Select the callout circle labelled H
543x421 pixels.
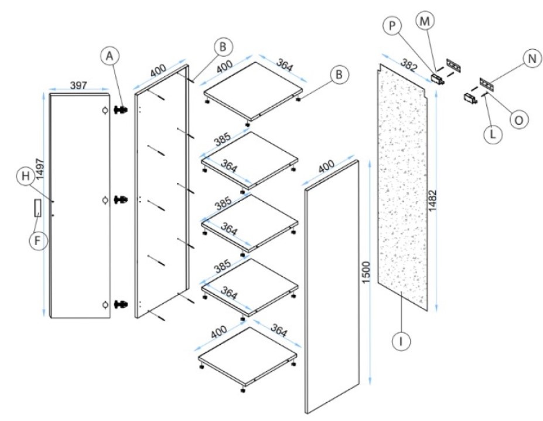tap(25, 176)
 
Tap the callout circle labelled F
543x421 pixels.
tap(39, 242)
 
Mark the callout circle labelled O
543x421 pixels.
tap(518, 118)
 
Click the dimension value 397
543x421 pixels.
tap(78, 86)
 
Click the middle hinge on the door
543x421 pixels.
tap(121, 200)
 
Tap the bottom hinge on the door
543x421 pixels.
tap(121, 304)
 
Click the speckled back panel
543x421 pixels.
tap(404, 188)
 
